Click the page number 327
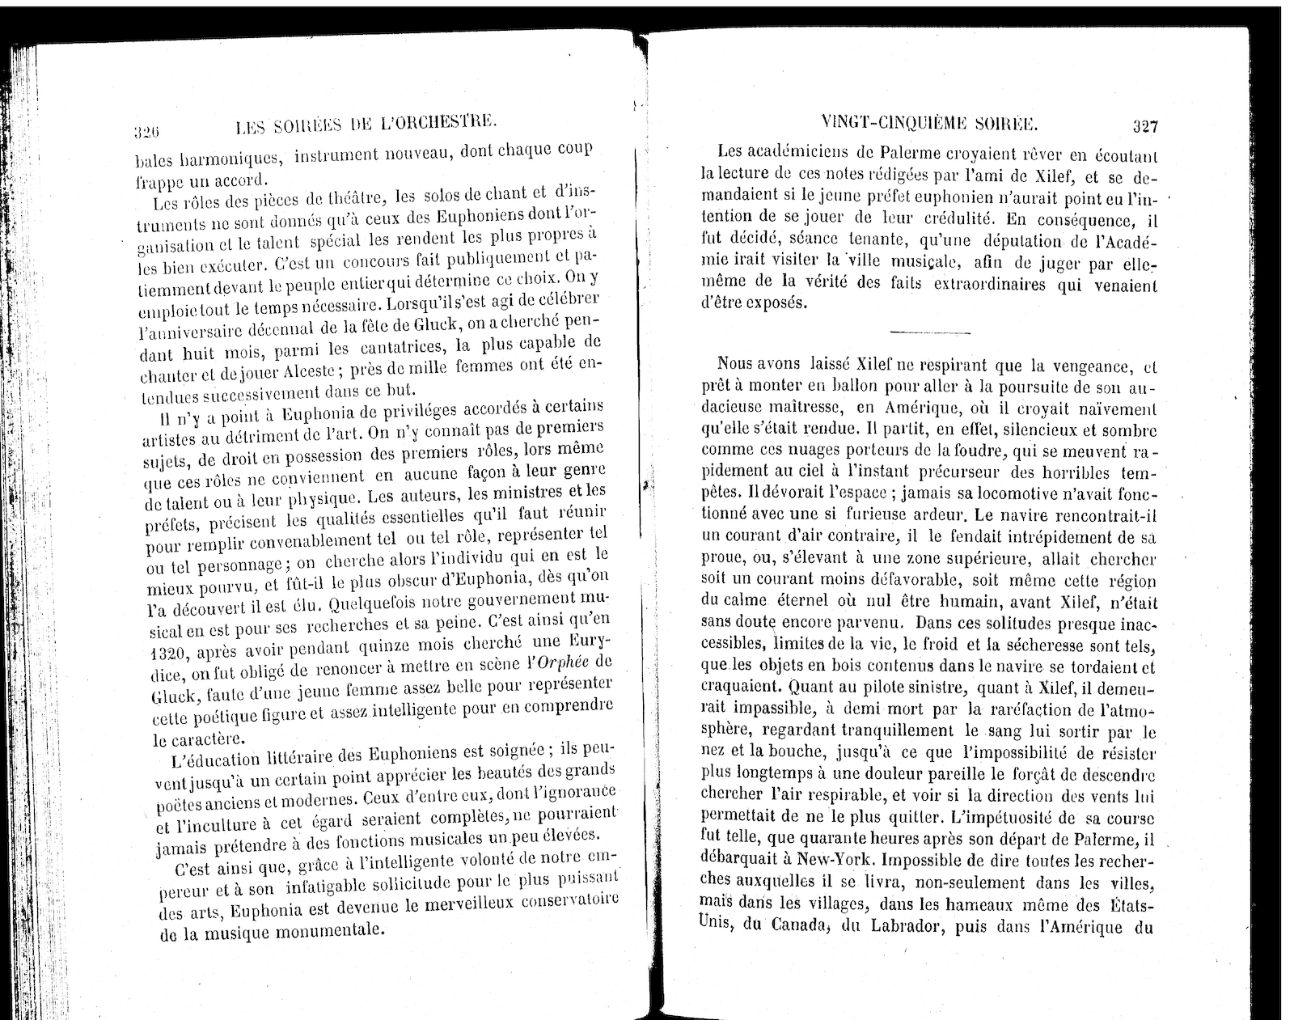point(1145,126)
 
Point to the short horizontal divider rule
point(929,332)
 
